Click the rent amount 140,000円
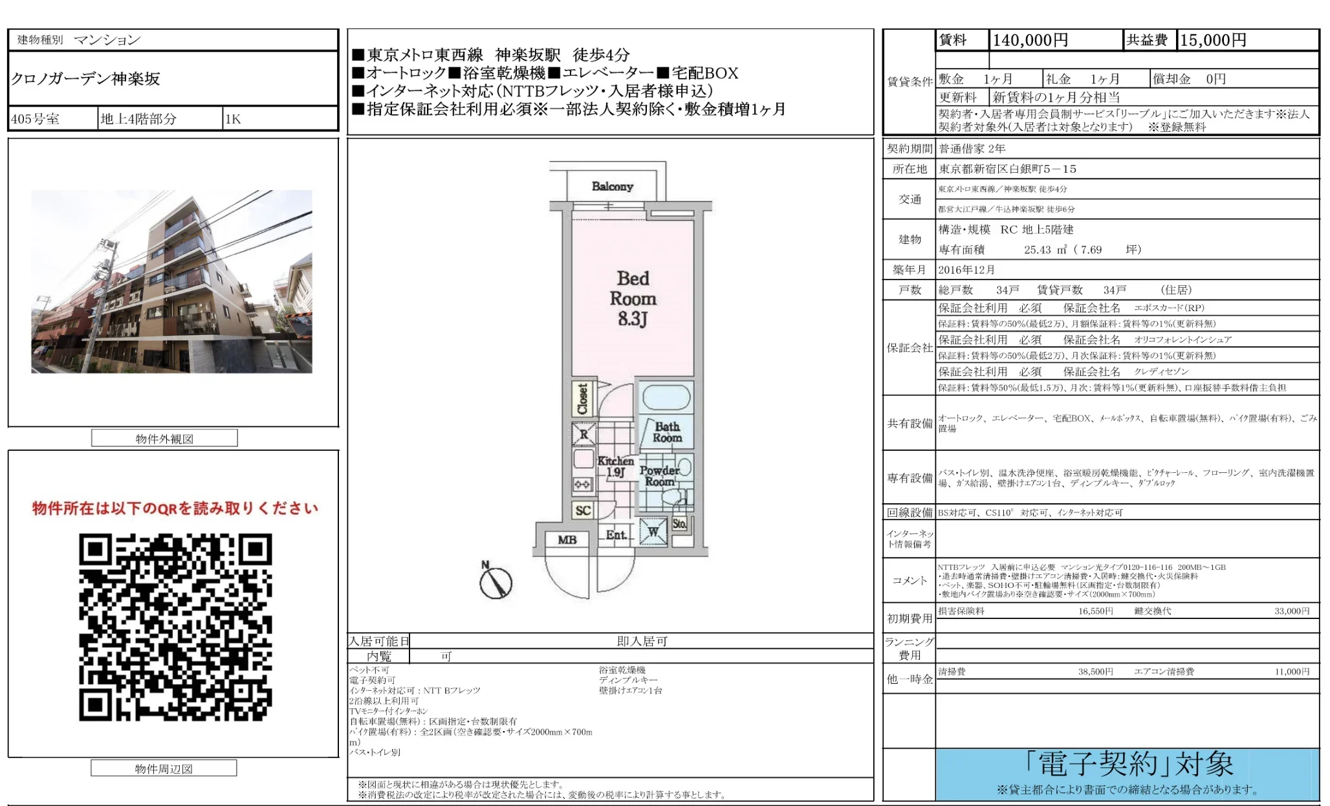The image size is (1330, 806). pos(1030,40)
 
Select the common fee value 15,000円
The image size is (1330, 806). pos(1213,40)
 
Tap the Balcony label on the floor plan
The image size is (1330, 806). pos(612,186)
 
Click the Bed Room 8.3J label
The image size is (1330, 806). pos(633,298)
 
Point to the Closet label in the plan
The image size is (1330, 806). pos(583,399)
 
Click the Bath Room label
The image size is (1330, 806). pos(667,432)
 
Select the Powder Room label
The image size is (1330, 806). pos(659,476)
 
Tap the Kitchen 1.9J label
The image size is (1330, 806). pos(615,466)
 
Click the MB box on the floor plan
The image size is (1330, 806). pos(567,539)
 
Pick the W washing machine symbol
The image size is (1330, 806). pos(653,532)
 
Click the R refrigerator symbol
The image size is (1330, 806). pos(583,434)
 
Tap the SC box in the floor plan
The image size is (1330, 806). pos(583,510)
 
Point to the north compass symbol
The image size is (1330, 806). pos(496,581)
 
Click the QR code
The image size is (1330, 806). pos(175,627)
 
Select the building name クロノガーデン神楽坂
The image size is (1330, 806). pos(85,79)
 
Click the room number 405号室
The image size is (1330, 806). pos(36,119)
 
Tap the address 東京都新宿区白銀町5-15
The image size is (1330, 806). pos(1007,169)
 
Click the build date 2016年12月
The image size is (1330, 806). pos(966,270)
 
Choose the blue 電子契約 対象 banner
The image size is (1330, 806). pos(1127,774)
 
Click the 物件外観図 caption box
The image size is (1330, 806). pos(164,439)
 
